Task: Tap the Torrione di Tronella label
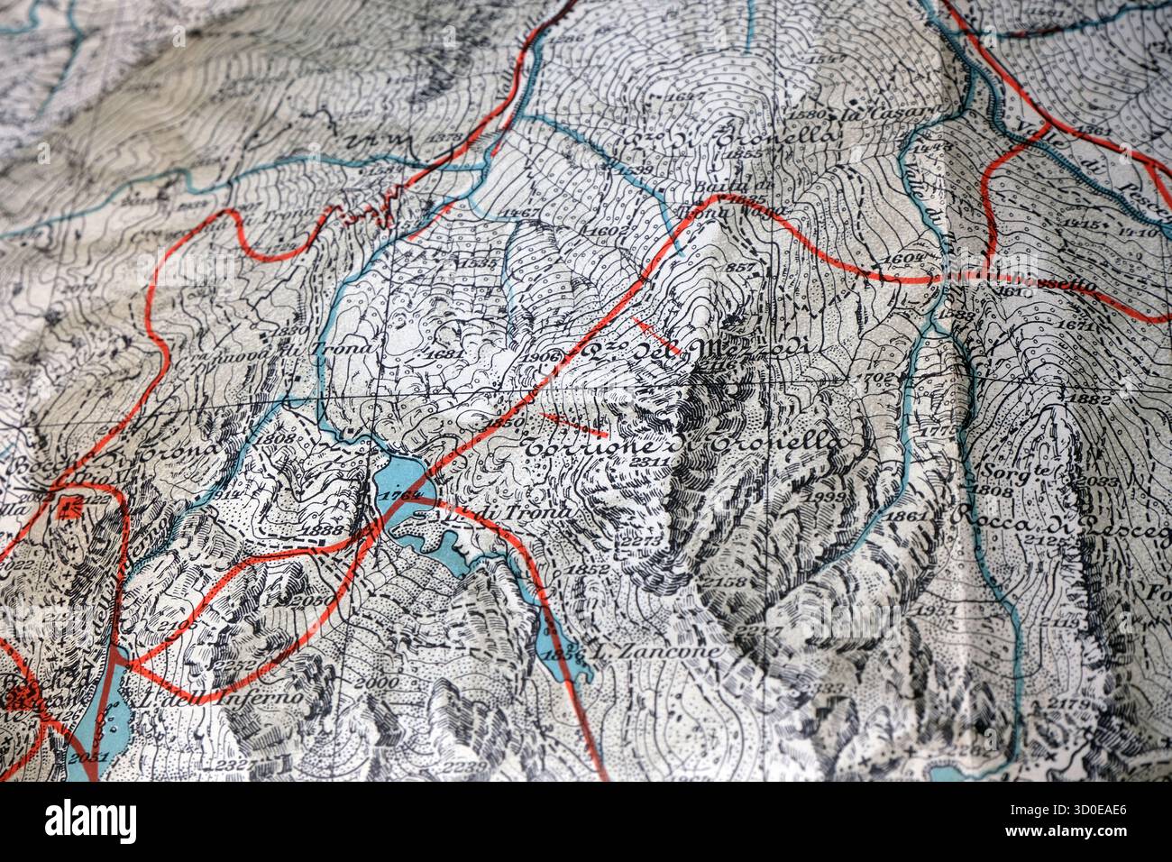[x=685, y=445]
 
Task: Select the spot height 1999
[x=825, y=496]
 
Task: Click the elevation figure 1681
[x=444, y=355]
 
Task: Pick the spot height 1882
[x=1088, y=399]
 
